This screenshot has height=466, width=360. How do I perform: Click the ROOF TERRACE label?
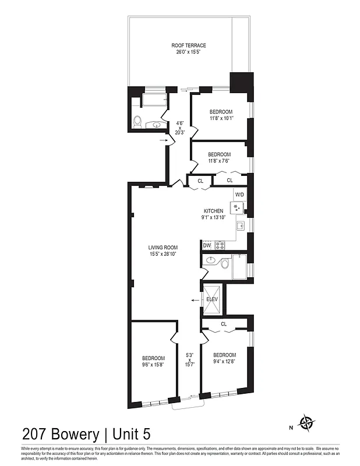coord(188,45)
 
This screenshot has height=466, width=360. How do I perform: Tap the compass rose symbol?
coord(306,422)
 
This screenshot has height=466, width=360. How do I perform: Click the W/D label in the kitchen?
coord(239,195)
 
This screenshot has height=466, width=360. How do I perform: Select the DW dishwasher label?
coord(207,245)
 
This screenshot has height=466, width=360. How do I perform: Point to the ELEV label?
coord(212,299)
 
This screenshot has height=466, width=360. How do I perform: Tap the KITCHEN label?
coord(213,211)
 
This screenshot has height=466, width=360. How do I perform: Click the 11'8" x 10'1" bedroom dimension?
coord(221,119)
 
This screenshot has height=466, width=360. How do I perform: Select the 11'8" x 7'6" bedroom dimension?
coord(221,161)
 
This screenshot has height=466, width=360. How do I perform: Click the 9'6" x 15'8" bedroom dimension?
coord(153,365)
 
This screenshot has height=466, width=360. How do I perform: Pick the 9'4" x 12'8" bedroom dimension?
coord(224,362)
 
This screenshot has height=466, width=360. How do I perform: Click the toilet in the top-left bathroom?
coord(137,121)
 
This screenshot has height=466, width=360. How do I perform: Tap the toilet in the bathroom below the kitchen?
coord(224,263)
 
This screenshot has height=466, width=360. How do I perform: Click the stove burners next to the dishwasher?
coord(220,245)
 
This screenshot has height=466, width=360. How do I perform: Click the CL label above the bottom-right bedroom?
coord(224,324)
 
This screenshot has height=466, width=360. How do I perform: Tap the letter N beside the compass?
coord(291,427)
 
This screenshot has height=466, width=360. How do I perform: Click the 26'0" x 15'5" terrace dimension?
coord(188,52)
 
